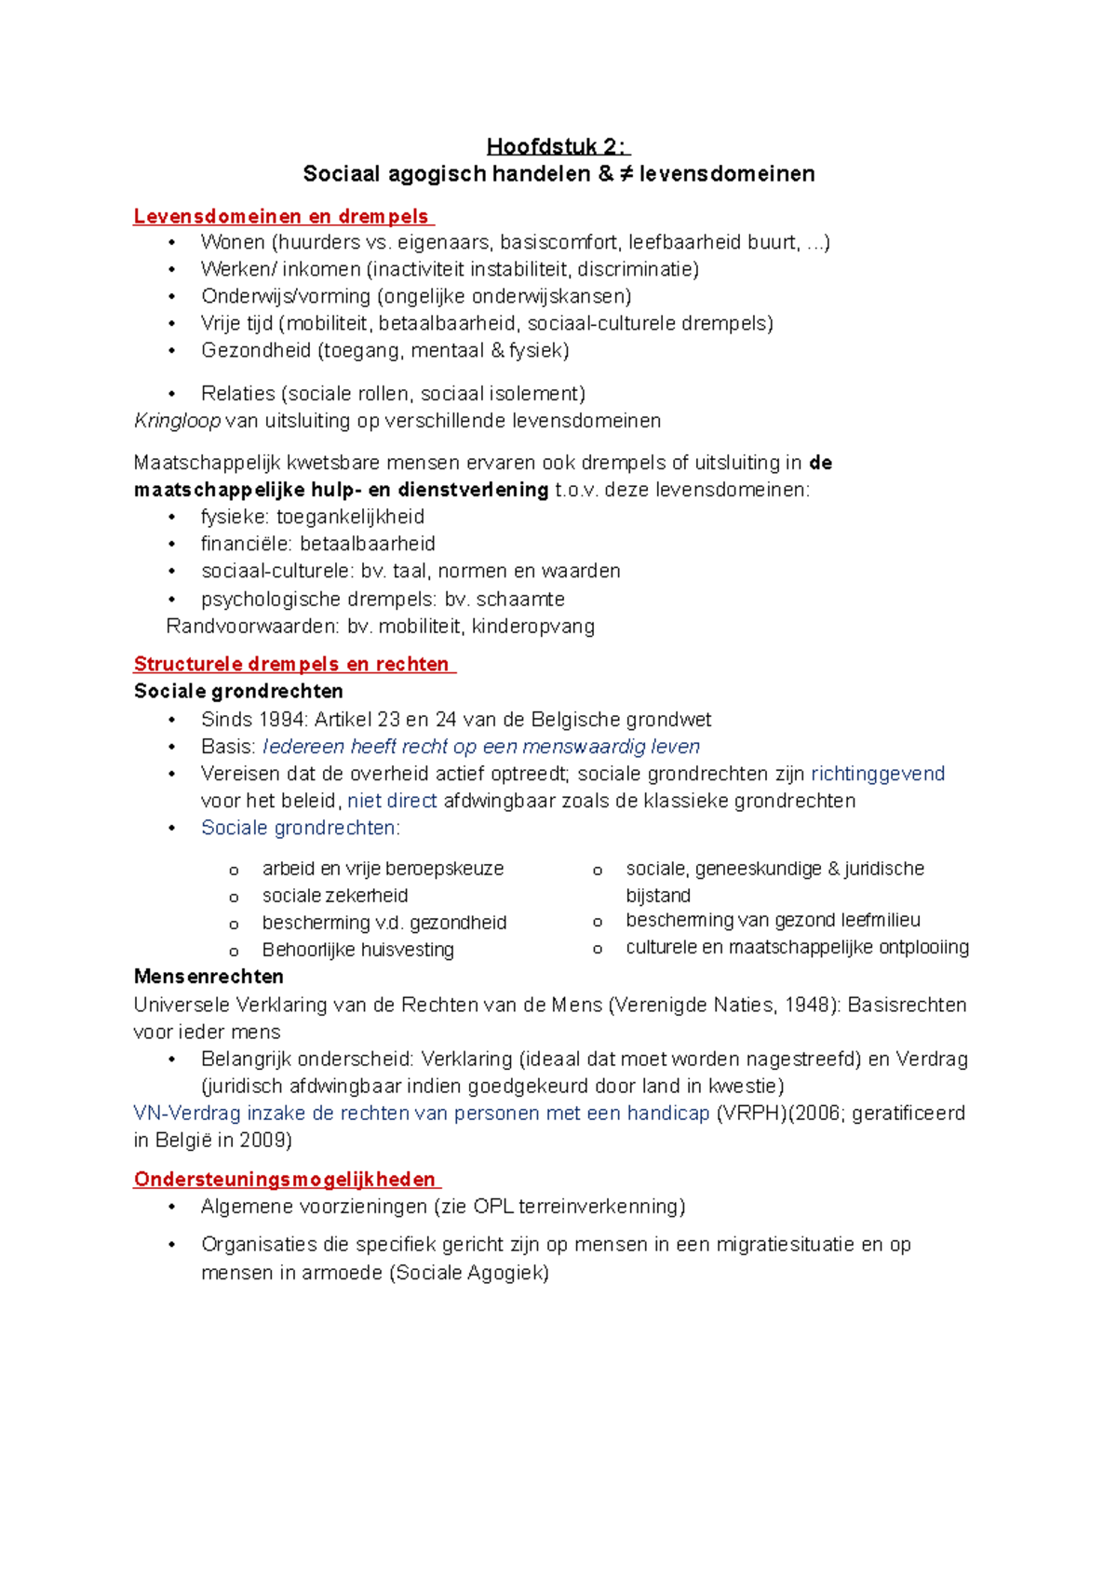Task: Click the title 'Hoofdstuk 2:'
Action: point(558,147)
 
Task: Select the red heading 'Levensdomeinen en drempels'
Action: point(282,217)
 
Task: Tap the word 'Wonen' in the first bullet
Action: point(233,243)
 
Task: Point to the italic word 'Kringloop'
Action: point(177,421)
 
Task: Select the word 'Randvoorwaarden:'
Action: point(252,627)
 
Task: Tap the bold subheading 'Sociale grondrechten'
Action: point(238,692)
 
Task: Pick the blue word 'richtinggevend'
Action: point(878,774)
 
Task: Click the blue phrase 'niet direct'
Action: point(392,802)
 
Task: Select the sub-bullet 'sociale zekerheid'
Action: point(335,896)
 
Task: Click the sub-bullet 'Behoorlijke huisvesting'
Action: point(357,951)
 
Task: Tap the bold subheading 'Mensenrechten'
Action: point(209,978)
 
